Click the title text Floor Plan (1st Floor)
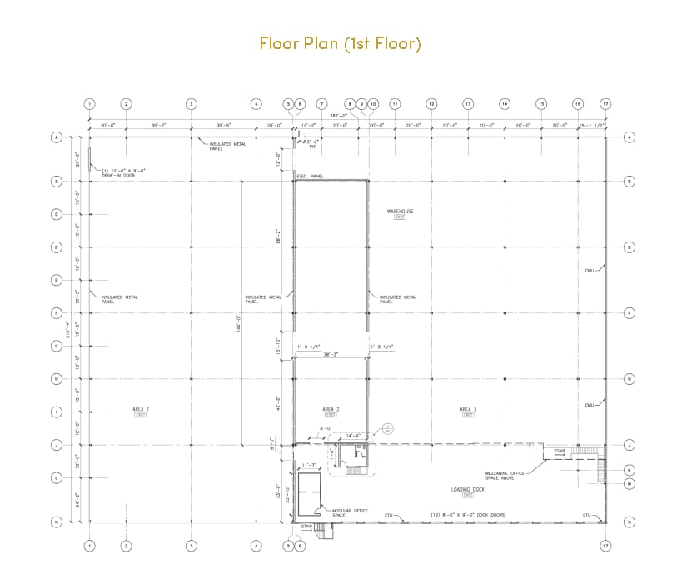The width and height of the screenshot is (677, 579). [340, 43]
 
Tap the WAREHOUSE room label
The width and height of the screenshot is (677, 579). [400, 212]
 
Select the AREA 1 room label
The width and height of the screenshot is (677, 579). [140, 409]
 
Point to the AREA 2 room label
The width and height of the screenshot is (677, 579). [331, 409]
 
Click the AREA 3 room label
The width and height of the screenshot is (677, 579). [468, 409]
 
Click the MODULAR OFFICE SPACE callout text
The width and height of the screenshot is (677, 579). [351, 513]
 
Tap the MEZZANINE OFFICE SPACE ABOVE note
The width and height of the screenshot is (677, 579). [504, 475]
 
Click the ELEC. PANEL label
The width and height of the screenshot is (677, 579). [310, 177]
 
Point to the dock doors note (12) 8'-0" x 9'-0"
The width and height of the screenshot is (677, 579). [467, 515]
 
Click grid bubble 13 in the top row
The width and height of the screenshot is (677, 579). [468, 104]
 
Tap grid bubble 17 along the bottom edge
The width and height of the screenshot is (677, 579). [605, 546]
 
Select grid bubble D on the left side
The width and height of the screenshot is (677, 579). [57, 247]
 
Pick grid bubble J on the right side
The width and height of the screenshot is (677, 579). [630, 445]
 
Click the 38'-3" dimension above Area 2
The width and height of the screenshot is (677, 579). [331, 354]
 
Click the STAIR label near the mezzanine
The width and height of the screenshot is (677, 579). [560, 451]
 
